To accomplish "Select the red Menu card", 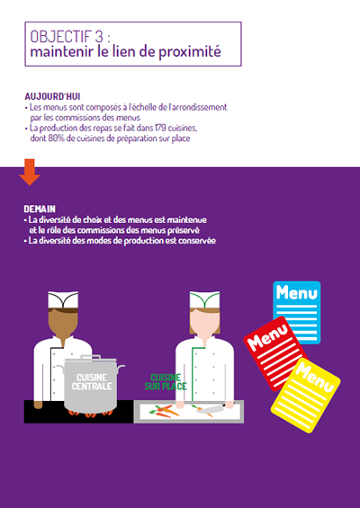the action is [x=274, y=352].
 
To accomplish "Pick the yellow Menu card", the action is [x=305, y=396].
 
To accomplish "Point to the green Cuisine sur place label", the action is [x=166, y=382].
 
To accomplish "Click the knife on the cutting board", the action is [x=212, y=408].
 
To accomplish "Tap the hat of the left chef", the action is [x=63, y=299].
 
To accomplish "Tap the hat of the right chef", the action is [x=204, y=299].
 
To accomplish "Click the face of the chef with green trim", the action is [x=204, y=323].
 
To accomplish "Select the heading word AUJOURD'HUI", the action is [x=52, y=96].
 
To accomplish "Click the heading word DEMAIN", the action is [x=40, y=209].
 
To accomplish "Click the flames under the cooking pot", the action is [x=91, y=413].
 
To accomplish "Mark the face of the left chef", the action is [x=63, y=324].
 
